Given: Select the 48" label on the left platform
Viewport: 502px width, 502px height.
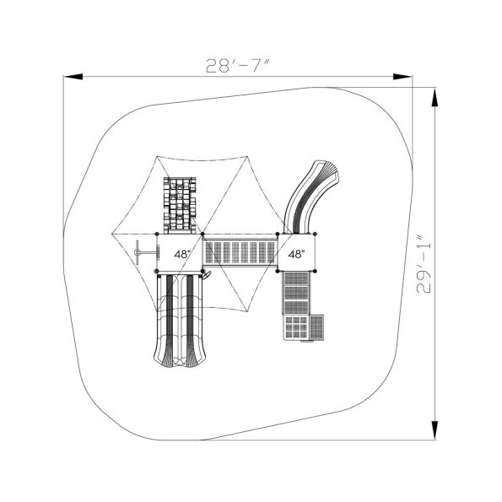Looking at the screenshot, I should [x=181, y=253].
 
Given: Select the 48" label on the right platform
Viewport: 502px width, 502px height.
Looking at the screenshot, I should [x=296, y=253].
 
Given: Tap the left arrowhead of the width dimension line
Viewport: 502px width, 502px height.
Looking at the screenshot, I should [x=72, y=78].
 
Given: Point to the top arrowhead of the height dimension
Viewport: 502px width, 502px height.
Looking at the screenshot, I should [x=435, y=98].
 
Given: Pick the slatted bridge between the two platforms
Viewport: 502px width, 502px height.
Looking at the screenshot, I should [x=241, y=252].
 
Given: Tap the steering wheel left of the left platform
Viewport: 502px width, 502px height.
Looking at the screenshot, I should [x=147, y=251].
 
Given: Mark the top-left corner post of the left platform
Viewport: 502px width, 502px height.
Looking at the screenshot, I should [x=158, y=235].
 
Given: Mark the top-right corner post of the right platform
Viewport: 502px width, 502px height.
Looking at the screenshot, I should [x=314, y=235].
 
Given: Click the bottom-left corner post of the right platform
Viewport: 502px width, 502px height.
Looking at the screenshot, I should [x=279, y=271].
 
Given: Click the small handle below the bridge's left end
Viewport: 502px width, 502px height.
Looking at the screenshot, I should [x=206, y=276].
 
